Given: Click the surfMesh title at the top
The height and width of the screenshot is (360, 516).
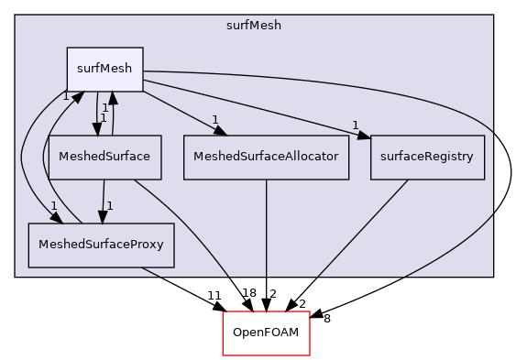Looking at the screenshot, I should (x=254, y=25).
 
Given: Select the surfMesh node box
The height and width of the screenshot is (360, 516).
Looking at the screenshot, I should (x=104, y=70).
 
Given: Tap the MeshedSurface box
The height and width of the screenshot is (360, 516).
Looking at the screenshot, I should (x=104, y=157).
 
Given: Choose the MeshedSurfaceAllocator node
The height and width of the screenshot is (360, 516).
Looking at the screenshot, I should (x=267, y=157).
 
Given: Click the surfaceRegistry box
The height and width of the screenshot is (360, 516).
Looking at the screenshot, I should (x=427, y=157).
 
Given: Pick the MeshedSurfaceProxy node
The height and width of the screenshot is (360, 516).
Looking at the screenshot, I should (x=101, y=245).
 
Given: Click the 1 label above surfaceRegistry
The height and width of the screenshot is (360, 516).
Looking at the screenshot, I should (x=354, y=125).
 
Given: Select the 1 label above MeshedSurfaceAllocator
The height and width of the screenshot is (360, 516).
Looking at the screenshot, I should (x=214, y=120).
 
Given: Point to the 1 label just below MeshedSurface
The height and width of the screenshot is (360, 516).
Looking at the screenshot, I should (x=109, y=206).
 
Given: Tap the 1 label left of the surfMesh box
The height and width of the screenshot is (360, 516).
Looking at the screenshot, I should (x=65, y=96).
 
